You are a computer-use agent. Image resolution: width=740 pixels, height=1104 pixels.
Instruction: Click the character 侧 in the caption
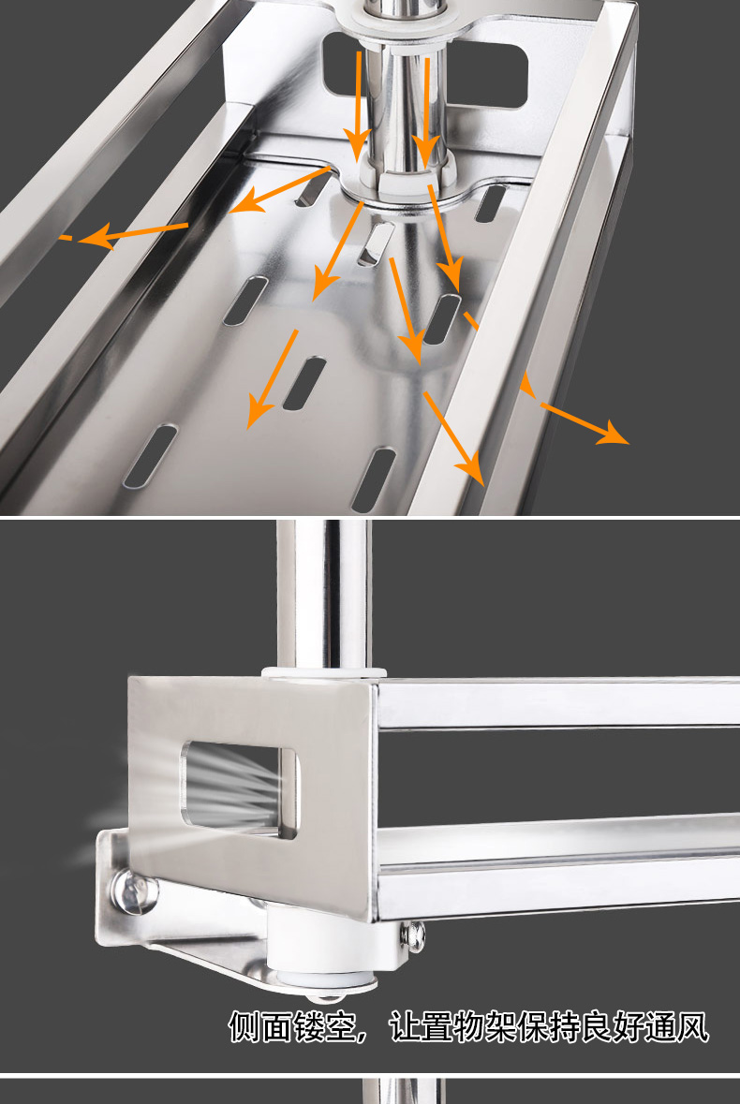(244, 1027)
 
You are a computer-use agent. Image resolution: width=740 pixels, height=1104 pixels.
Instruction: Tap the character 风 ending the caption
(692, 1027)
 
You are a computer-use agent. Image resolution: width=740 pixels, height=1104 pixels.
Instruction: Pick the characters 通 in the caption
(660, 1027)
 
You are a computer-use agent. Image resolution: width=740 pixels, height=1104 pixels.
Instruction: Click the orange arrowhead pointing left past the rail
(95, 234)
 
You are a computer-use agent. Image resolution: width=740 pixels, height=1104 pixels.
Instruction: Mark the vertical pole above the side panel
(323, 595)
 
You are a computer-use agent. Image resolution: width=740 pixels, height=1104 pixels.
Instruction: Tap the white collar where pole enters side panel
(324, 672)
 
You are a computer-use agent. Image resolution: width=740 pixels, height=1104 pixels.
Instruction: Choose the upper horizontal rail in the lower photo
(557, 702)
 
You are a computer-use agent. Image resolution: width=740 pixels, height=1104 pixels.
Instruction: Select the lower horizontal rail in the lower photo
(557, 867)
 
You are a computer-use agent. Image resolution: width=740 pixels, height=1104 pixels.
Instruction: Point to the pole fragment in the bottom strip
(404, 1091)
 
